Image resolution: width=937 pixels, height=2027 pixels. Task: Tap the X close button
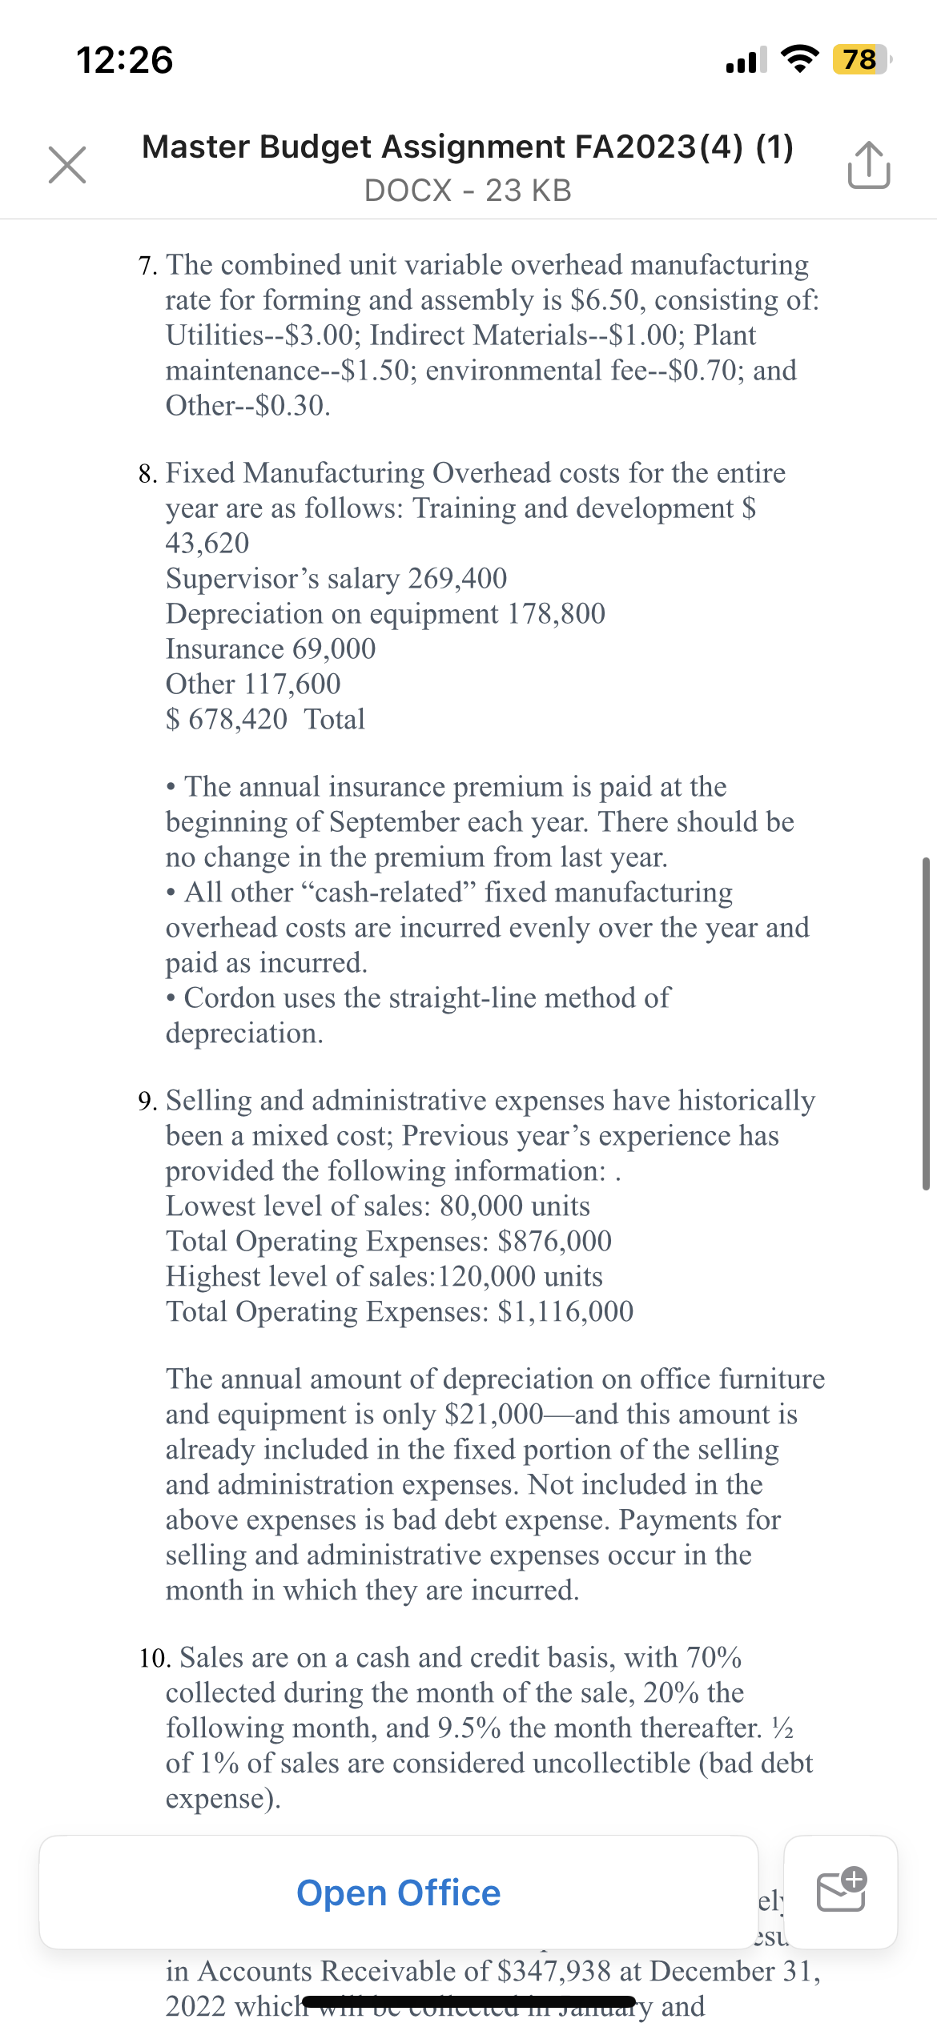(67, 165)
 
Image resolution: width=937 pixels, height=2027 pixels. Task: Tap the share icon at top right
(868, 165)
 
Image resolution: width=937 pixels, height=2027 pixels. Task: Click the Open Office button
(398, 1893)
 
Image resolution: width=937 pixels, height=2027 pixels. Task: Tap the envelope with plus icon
(841, 1891)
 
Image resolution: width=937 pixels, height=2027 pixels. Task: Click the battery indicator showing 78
(859, 59)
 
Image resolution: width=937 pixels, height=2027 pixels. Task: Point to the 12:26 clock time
(124, 60)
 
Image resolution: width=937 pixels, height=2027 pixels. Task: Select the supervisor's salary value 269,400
(457, 578)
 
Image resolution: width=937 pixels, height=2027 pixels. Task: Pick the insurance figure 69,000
(334, 648)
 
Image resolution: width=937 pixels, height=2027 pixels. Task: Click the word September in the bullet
(396, 822)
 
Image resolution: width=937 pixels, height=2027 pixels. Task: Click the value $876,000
(554, 1241)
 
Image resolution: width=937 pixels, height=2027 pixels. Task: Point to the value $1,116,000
(565, 1311)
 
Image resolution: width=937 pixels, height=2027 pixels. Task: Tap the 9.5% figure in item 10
(468, 1728)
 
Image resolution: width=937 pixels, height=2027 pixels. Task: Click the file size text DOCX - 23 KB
(468, 191)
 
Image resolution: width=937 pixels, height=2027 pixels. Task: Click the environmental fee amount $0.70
(706, 371)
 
